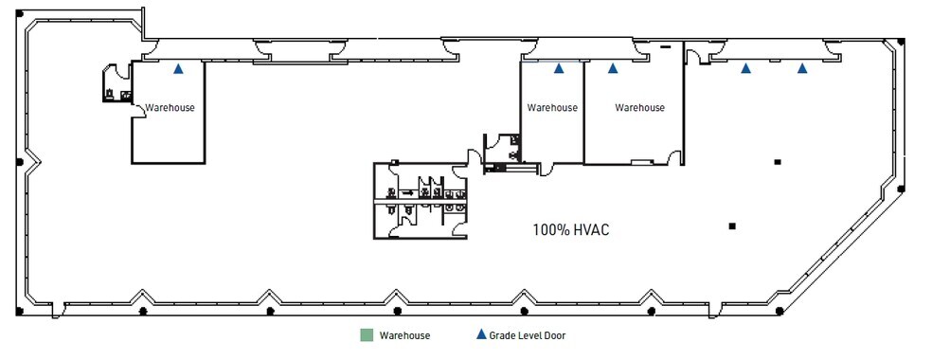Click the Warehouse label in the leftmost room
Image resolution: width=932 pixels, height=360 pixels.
coord(169,108)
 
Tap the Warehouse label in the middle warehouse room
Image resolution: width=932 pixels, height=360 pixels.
coord(552,108)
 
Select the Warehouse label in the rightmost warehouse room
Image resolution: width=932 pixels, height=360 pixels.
coord(639,108)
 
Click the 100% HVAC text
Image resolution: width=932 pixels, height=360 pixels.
coord(569,229)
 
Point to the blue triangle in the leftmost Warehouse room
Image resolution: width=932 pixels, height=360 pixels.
coord(178,69)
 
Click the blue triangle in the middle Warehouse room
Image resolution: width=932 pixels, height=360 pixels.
coord(559,68)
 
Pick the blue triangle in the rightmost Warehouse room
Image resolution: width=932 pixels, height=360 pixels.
coord(613,68)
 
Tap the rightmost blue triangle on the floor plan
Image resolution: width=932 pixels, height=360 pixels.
coord(802,68)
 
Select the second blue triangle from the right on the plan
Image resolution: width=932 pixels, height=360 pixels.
coord(746,68)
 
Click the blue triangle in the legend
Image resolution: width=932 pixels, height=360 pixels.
coord(481,335)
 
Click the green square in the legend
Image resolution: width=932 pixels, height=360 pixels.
coord(366,335)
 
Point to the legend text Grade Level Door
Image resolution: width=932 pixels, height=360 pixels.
coord(529,335)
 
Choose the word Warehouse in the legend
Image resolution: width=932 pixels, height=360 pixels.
coord(404,335)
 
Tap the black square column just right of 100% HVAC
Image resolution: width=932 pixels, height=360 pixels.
coord(731,225)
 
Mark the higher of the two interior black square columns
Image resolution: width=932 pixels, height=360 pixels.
coord(778,162)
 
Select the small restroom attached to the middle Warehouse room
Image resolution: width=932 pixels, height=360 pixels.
coord(502,147)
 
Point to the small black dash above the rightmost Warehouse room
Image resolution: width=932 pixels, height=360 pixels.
coord(666,46)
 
